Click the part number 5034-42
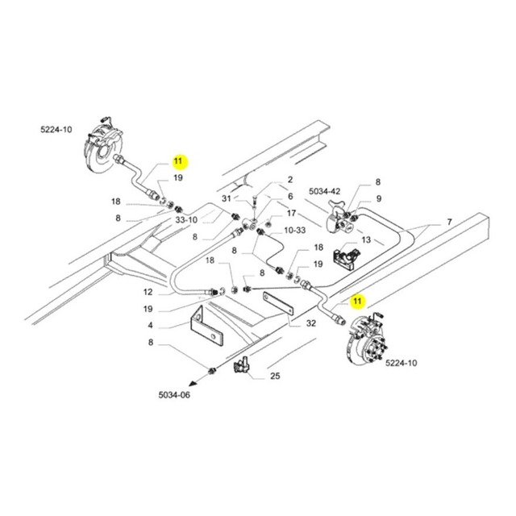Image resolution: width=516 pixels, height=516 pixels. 325,191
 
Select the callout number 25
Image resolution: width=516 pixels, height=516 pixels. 275,376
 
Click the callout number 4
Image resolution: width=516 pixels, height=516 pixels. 151,326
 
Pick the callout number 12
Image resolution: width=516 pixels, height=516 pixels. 148,291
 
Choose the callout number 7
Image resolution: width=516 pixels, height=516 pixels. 450,220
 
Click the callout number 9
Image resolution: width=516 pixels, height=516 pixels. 378,198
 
